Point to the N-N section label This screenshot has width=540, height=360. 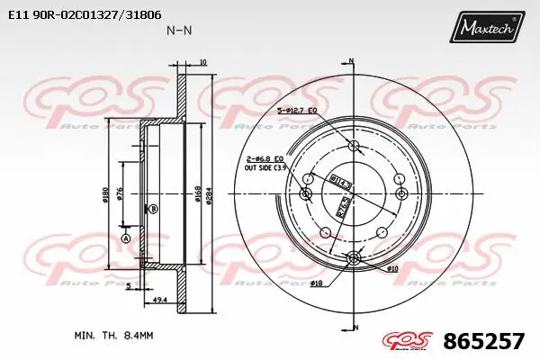click(x=178, y=30)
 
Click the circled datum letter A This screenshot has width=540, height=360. click(x=125, y=238)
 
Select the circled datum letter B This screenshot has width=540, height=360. click(x=153, y=209)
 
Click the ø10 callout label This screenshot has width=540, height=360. click(x=392, y=268)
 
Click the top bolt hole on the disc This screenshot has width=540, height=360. click(x=353, y=147)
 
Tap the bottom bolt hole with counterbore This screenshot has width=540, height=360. click(x=353, y=259)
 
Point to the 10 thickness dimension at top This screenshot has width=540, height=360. click(x=203, y=62)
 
